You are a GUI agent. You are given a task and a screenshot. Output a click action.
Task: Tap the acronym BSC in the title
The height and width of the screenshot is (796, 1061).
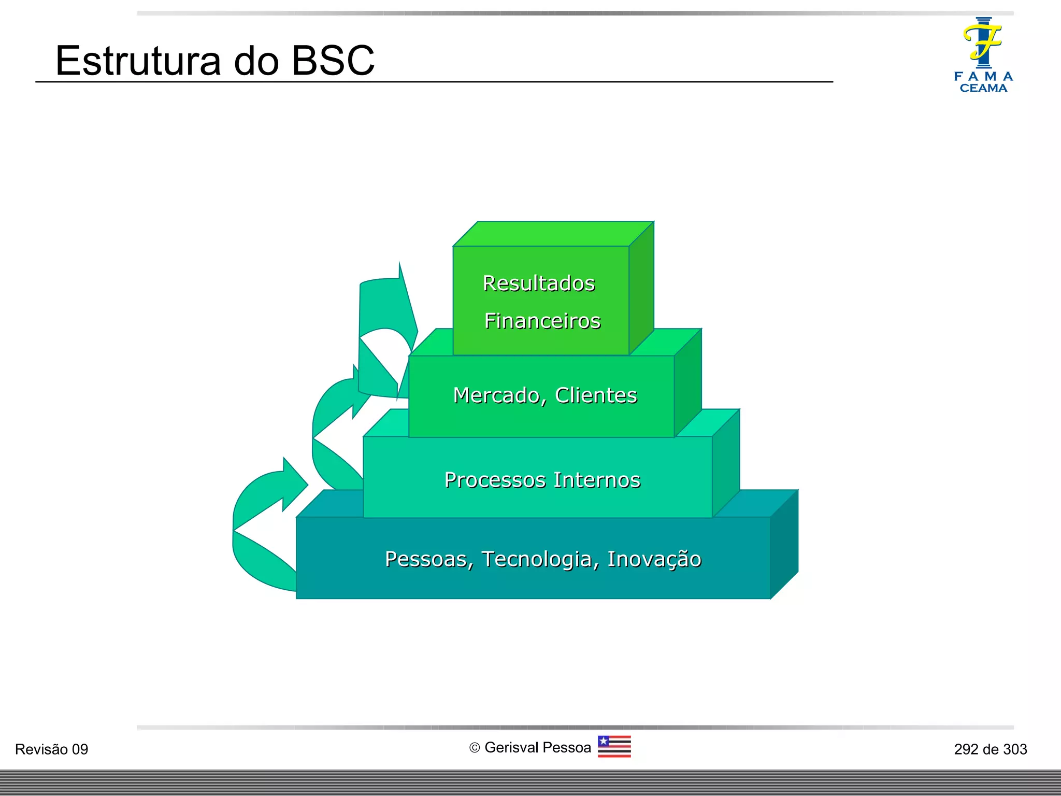(x=333, y=61)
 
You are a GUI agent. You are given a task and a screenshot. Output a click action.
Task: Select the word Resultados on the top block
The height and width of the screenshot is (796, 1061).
(x=539, y=283)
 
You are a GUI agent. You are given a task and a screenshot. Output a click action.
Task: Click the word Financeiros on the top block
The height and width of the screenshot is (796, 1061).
(x=542, y=321)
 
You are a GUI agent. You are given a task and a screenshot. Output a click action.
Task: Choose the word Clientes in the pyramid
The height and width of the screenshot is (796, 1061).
(x=596, y=395)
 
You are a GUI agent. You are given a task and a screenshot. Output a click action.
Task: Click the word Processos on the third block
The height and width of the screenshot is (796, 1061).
(x=495, y=480)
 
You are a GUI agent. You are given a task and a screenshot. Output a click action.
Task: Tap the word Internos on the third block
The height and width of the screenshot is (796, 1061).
(x=597, y=480)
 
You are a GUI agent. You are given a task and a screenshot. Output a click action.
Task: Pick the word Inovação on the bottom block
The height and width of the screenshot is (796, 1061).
(x=654, y=560)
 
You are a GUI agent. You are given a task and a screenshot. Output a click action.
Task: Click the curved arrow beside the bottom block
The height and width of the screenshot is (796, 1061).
(x=259, y=523)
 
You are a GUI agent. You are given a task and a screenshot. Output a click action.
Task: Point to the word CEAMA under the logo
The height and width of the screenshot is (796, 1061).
(x=983, y=88)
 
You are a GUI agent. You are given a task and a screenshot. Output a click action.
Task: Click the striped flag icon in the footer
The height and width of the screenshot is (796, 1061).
(x=614, y=747)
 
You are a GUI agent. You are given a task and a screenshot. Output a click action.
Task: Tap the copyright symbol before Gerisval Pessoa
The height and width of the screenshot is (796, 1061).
(x=475, y=748)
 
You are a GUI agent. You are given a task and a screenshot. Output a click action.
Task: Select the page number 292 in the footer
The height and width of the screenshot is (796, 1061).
(x=966, y=749)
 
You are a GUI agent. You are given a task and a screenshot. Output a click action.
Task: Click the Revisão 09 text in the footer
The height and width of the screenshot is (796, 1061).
(x=52, y=749)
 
